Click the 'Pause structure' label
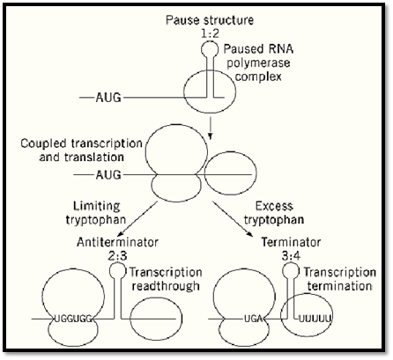210,20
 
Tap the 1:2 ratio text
210,34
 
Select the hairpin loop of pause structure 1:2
210,49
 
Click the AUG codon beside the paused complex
108,98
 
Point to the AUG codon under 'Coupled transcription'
108,175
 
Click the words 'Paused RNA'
258,49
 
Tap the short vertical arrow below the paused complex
210,129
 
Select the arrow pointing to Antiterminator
137,218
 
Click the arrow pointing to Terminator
232,218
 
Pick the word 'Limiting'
97,206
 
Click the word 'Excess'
274,206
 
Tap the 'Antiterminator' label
117,242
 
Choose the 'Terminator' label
291,242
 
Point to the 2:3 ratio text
117,256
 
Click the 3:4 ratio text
291,256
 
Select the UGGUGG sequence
74,319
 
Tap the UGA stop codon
254,319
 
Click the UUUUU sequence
315,319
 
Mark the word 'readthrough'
166,286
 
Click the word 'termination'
340,286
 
